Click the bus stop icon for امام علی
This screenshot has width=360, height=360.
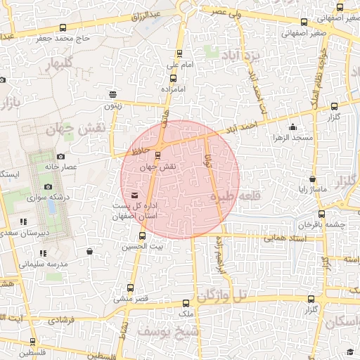[x=179, y=53]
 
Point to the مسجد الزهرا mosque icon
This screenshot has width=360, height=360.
[x=293, y=127]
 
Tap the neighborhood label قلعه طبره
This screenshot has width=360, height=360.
[x=230, y=197]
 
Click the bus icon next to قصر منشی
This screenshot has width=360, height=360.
[x=130, y=288]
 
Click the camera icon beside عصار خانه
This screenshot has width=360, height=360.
[x=61, y=156]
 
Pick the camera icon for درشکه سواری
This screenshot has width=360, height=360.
[x=48, y=186]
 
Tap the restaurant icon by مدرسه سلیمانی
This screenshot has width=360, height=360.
[x=43, y=252]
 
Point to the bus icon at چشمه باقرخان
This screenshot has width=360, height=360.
[x=321, y=214]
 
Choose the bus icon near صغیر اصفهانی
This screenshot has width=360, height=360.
[x=304, y=22]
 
